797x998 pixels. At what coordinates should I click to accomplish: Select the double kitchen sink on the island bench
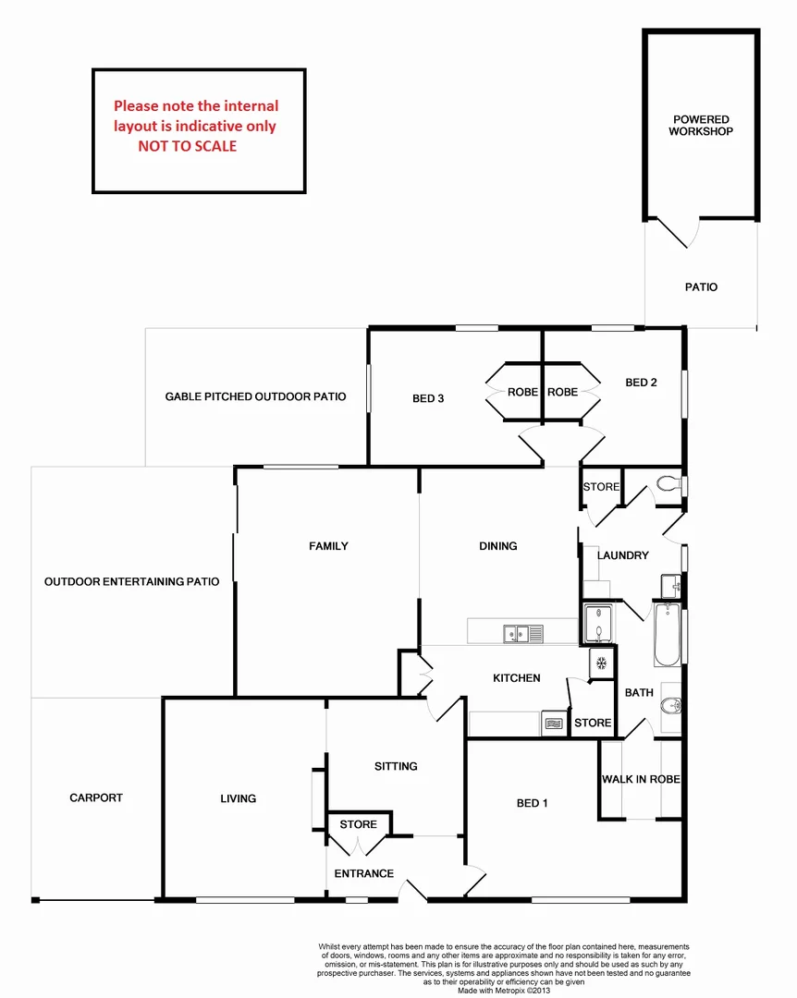pos(522,633)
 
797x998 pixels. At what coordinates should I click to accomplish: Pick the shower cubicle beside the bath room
pos(598,623)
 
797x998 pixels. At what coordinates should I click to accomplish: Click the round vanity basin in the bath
pos(671,707)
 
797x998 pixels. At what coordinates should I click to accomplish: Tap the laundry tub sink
pos(670,585)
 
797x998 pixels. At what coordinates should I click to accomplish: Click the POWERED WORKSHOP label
pos(701,126)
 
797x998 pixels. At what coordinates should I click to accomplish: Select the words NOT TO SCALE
pos(188,146)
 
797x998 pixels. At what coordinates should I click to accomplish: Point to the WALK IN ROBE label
pos(641,779)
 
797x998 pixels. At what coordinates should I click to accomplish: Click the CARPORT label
pos(96,797)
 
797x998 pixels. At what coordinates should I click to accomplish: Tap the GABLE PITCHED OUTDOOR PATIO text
pos(255,396)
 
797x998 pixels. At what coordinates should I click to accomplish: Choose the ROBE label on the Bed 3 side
pos(522,392)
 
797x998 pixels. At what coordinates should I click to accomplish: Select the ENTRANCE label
pos(364,873)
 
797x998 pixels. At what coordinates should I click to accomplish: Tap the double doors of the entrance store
pos(358,846)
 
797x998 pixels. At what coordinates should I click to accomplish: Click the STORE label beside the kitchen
pos(593,723)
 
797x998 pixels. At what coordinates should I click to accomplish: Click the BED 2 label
pos(641,383)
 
